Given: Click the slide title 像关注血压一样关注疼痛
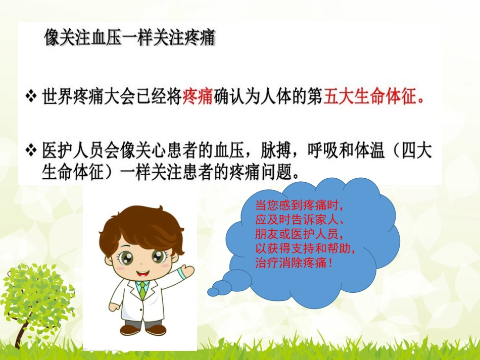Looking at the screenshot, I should tap(130, 38).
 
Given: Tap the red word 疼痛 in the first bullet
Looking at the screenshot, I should tap(197, 96).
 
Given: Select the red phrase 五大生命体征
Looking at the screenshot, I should tap(370, 96).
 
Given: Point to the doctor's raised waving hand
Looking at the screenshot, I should tap(185, 271).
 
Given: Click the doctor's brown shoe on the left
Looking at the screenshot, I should tap(130, 330).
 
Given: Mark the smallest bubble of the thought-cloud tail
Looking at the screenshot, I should tap(213, 292).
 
